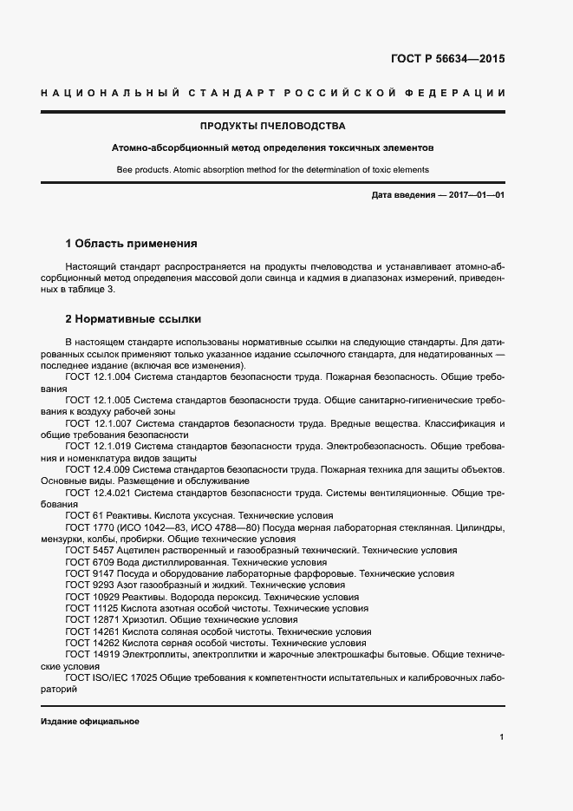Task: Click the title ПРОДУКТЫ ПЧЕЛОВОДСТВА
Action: point(273,126)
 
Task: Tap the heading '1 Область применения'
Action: point(132,243)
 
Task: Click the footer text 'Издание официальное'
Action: point(89,722)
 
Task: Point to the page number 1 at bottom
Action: point(502,737)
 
